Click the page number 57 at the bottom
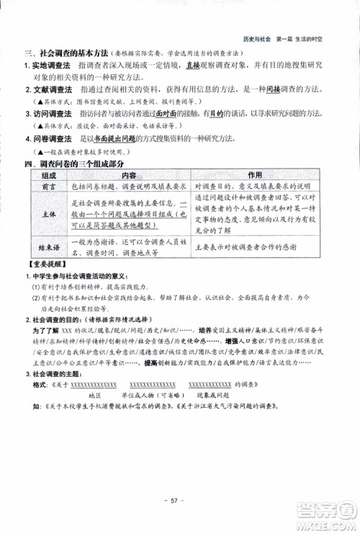point(179,500)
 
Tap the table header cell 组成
point(49,175)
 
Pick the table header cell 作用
point(255,175)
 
